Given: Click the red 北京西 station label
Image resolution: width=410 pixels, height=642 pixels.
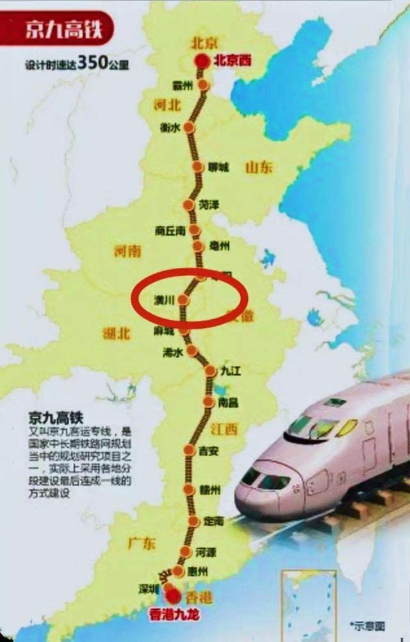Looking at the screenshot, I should coord(233,62).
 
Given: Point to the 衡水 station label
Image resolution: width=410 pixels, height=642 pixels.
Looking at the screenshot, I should coord(170,127).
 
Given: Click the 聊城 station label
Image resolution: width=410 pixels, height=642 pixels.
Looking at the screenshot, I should coord(218,167).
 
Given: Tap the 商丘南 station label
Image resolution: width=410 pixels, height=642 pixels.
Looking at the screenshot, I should coord(170,230).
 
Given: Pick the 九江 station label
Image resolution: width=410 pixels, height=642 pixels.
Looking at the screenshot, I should coord(229,370).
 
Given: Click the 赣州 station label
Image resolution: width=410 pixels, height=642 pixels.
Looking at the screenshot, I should coord(210,490).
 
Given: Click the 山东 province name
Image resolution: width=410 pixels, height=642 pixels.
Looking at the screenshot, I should coord(258,167).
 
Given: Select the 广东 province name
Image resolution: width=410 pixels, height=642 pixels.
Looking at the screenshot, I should coord(142,544).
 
